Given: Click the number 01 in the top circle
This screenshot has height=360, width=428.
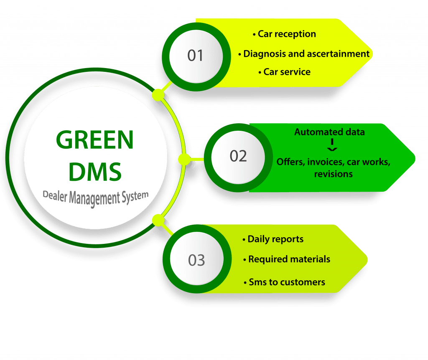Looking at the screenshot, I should (195, 56).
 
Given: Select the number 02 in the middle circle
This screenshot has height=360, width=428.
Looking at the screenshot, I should (238, 156).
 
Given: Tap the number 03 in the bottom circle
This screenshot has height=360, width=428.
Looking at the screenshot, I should (196, 260).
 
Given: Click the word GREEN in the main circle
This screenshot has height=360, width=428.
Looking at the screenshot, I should (95, 139).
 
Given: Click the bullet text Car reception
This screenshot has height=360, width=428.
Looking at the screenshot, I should (287, 34).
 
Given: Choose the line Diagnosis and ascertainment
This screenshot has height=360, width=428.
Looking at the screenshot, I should (306, 53).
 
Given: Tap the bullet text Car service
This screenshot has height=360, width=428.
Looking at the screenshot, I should (287, 72).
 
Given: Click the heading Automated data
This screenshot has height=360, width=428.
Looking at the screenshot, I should (329, 132).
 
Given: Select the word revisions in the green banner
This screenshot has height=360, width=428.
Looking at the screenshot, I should (333, 174).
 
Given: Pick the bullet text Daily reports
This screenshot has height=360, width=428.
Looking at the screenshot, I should (275, 239).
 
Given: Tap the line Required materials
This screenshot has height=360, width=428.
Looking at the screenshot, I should (289, 259).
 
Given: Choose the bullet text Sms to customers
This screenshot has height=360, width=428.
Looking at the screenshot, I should (287, 282).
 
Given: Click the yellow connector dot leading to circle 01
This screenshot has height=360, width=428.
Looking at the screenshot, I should (158, 95).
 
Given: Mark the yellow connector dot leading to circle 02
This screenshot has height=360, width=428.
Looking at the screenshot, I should (184, 159).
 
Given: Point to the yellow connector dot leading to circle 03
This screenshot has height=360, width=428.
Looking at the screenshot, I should (158, 220).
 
